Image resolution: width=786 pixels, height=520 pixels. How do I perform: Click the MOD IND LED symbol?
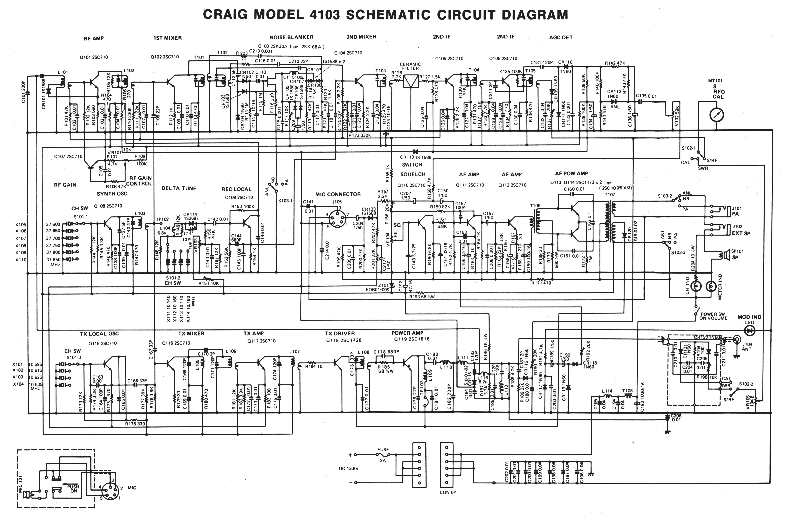click(x=750, y=330)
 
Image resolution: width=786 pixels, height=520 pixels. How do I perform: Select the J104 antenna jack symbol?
click(x=737, y=339)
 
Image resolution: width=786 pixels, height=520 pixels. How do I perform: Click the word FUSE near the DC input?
click(x=383, y=450)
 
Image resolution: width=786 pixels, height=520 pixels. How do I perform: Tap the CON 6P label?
click(x=448, y=492)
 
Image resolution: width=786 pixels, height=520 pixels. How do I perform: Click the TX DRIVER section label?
click(x=340, y=333)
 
